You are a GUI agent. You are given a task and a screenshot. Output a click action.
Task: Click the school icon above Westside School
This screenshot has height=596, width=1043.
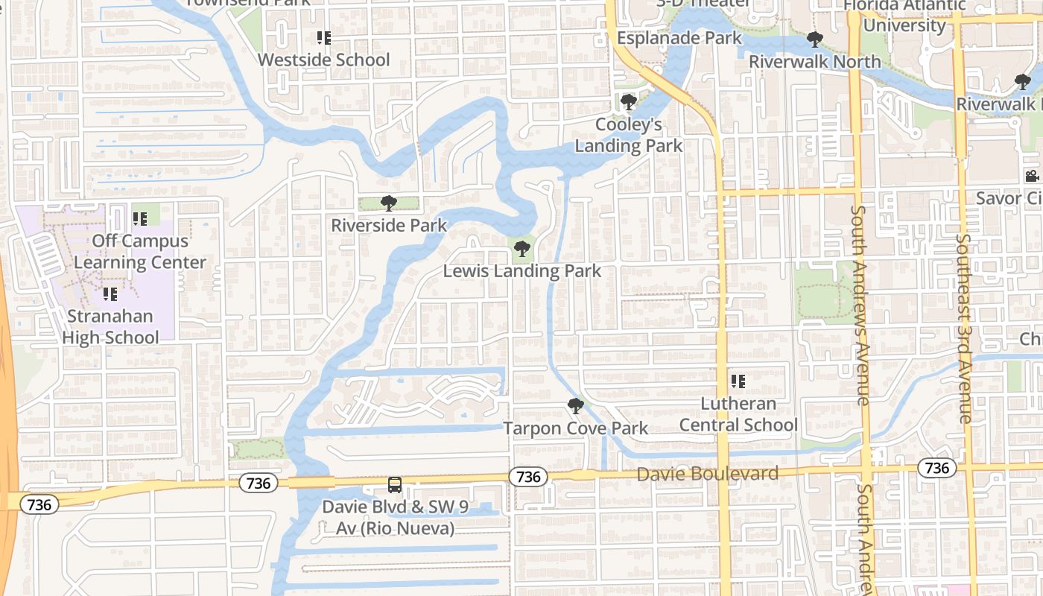[x=323, y=37]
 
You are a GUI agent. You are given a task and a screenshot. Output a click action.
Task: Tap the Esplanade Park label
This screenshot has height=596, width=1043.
[x=679, y=38]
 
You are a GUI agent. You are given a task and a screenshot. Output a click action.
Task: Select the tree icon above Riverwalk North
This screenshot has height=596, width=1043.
[x=814, y=39]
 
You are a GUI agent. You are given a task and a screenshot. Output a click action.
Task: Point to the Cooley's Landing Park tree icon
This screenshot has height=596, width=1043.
[x=628, y=101]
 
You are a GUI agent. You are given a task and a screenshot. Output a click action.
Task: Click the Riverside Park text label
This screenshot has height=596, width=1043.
[x=389, y=225]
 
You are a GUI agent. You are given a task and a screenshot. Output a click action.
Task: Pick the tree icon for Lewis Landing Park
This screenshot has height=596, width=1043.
[x=522, y=249]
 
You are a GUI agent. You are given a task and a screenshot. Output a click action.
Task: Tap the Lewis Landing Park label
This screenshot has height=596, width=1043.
[x=521, y=270]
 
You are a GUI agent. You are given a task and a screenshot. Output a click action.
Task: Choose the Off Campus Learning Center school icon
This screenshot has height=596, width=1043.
[x=139, y=219]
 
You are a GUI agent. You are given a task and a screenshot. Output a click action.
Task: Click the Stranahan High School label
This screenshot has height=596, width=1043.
[x=110, y=326]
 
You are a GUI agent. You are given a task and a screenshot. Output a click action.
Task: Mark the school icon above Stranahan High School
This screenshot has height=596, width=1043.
[x=110, y=294]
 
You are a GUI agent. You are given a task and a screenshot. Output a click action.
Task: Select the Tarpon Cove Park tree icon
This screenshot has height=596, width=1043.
[x=575, y=406]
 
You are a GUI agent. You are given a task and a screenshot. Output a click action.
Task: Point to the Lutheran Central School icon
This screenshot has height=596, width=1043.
[x=738, y=381]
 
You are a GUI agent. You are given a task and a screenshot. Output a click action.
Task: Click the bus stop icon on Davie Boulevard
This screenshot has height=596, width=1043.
[x=395, y=485]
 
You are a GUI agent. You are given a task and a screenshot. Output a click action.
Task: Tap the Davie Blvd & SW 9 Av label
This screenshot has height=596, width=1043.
[x=395, y=518]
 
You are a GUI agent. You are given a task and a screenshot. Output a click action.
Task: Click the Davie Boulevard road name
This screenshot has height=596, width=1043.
[x=707, y=474]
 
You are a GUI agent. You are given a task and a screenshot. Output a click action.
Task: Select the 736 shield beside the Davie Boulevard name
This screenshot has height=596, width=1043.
[x=528, y=477]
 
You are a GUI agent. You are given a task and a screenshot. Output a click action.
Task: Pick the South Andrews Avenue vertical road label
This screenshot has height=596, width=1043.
[x=860, y=305]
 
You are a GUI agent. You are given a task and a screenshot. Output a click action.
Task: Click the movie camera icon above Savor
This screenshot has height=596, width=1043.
[x=1032, y=177]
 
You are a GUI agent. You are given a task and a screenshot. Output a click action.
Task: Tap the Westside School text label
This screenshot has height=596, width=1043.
[x=323, y=60]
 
